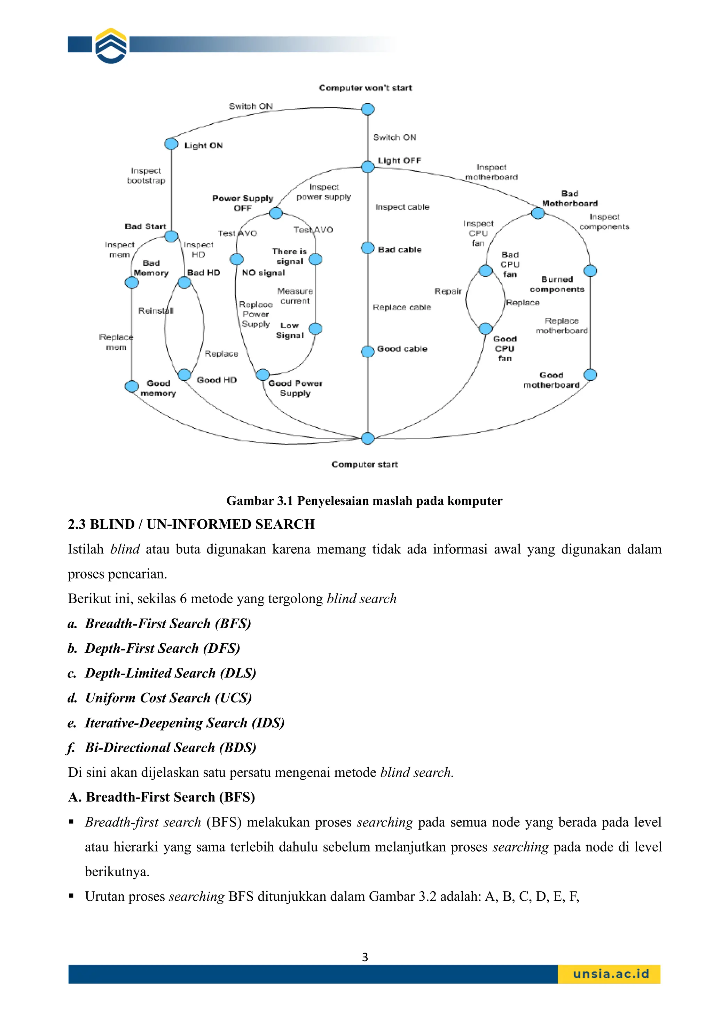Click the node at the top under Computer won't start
coord(368,109)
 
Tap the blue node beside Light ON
coord(171,144)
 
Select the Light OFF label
coord(399,161)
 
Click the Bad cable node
coord(368,248)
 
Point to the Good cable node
coord(368,351)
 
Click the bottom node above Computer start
coord(368,438)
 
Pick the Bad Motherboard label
coord(570,199)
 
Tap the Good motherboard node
coord(590,375)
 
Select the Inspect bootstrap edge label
coord(146,175)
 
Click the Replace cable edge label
coord(402,307)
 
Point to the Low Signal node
coord(315,329)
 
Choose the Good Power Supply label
coord(295,388)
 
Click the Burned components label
coord(557,284)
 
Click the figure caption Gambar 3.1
coord(364,500)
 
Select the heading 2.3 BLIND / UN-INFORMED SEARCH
coord(191,524)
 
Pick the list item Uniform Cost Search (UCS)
coord(168,698)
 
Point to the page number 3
coord(365,957)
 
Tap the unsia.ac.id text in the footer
coord(611,974)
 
